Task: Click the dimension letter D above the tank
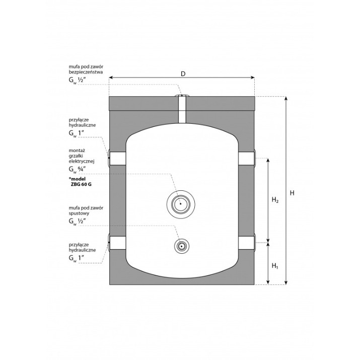(x=183, y=74)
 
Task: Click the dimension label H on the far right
(x=292, y=193)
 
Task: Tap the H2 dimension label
(x=275, y=200)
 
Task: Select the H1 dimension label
(x=274, y=266)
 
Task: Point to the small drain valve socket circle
(x=182, y=246)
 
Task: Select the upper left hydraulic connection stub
(x=117, y=158)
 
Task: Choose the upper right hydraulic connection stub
(x=247, y=158)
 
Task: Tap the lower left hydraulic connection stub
(x=117, y=243)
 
